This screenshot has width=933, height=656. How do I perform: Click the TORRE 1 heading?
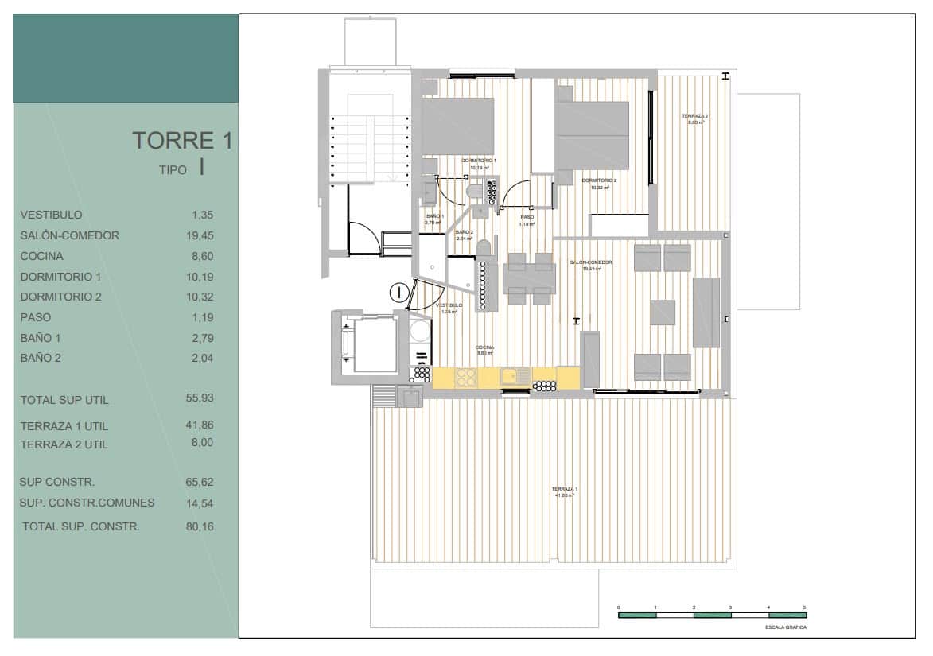pyautogui.click(x=182, y=141)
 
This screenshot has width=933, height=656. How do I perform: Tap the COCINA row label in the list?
pyautogui.click(x=42, y=256)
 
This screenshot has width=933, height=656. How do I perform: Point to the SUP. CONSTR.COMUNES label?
pyautogui.click(x=87, y=503)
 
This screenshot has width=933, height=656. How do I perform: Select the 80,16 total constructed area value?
pyautogui.click(x=200, y=526)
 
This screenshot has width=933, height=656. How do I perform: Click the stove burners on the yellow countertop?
pyautogui.click(x=465, y=378)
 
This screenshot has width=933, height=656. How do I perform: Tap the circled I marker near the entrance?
pyautogui.click(x=399, y=292)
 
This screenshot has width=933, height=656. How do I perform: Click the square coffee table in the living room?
pyautogui.click(x=662, y=312)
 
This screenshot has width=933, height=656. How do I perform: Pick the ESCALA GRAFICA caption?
pyautogui.click(x=785, y=627)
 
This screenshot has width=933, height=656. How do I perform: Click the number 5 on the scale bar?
pyautogui.click(x=804, y=607)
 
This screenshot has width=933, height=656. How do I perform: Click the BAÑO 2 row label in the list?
pyautogui.click(x=41, y=358)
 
